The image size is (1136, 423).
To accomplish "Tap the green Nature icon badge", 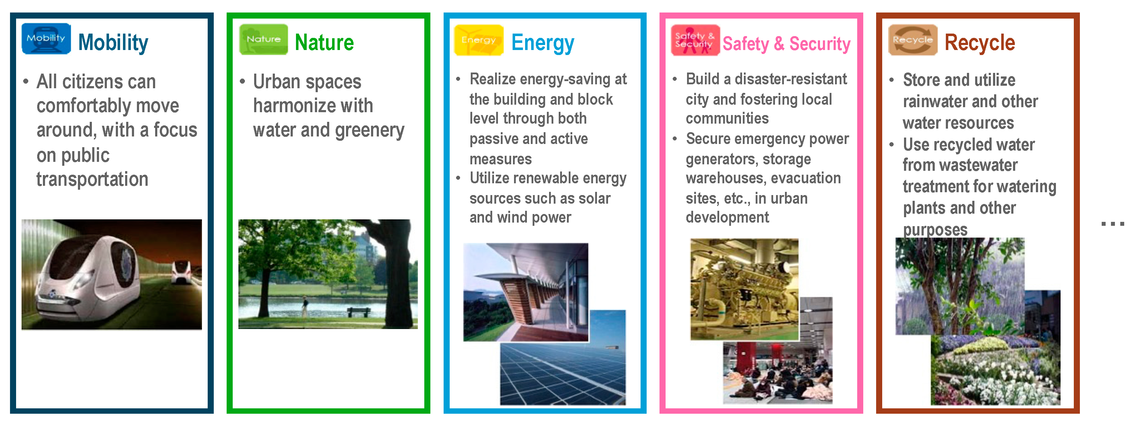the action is click(x=263, y=39).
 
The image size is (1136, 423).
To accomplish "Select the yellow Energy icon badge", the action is click(x=479, y=40).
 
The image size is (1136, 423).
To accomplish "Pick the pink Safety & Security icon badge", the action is click(x=695, y=40).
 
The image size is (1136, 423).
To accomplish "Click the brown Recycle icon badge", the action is click(x=913, y=40).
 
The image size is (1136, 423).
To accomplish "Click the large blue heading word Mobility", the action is click(x=113, y=43).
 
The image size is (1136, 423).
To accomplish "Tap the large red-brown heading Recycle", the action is click(x=979, y=43).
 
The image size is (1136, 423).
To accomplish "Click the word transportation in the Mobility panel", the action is click(x=92, y=179).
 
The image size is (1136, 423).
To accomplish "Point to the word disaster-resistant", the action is click(x=791, y=79).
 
